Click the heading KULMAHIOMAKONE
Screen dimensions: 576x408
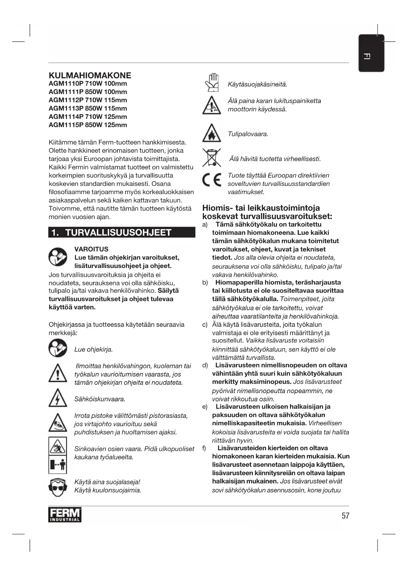coord(90,76)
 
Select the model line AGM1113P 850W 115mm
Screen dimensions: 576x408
coord(88,108)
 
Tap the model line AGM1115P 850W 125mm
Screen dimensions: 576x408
coord(88,125)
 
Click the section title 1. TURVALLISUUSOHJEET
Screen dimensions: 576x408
coord(122,233)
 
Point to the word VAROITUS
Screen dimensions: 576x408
coord(91,249)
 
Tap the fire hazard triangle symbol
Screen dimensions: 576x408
coord(211,133)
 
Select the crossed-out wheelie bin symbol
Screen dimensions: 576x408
coord(211,157)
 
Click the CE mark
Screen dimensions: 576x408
coord(211,180)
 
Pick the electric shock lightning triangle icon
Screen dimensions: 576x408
coord(58,398)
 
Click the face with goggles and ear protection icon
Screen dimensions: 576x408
coord(58,487)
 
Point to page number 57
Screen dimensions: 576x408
coord(345,516)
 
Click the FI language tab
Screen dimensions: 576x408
coord(371,53)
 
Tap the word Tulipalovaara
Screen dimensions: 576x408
coord(248,134)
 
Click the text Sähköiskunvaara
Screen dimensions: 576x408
coord(100,399)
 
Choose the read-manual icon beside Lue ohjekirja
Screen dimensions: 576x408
coord(58,348)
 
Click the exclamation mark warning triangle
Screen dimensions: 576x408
coord(58,373)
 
